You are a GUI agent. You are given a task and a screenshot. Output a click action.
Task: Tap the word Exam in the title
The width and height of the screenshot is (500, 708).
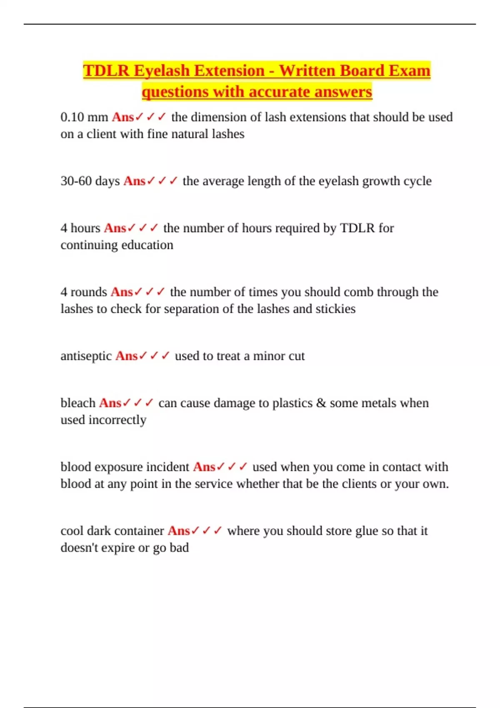pyautogui.click(x=409, y=71)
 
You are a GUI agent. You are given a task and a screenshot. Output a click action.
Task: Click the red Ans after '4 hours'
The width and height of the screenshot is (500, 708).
pyautogui.click(x=115, y=228)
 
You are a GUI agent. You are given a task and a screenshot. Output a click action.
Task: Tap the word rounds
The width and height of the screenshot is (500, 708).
pyautogui.click(x=89, y=292)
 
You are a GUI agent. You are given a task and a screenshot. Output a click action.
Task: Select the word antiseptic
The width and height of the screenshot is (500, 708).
pyautogui.click(x=86, y=356)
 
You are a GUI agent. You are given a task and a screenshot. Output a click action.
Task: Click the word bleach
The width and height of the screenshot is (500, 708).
pyautogui.click(x=78, y=403)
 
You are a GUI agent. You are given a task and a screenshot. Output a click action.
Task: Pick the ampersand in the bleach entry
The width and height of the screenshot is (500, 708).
pyautogui.click(x=321, y=403)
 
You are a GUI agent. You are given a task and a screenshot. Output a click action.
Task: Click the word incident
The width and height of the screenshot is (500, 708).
pyautogui.click(x=169, y=467)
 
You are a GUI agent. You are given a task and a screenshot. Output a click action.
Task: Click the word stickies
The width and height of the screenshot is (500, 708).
pyautogui.click(x=335, y=309)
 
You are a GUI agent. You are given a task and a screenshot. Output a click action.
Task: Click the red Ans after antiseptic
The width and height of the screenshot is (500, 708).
pyautogui.click(x=126, y=356)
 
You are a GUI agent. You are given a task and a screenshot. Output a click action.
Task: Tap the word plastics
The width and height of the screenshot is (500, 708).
pyautogui.click(x=292, y=403)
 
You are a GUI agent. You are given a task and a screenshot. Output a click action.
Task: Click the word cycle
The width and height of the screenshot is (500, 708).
pyautogui.click(x=417, y=181)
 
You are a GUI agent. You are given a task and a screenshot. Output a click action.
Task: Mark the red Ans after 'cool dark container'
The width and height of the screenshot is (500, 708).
pyautogui.click(x=179, y=531)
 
